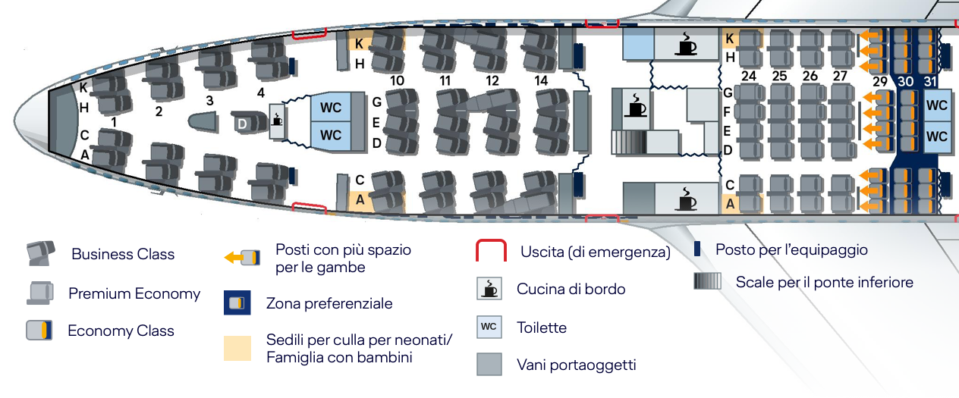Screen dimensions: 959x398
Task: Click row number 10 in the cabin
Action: [x=397, y=80]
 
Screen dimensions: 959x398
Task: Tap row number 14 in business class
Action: [x=541, y=80]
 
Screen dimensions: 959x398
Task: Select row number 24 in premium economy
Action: [x=749, y=76]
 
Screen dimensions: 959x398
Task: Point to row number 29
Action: [x=880, y=81]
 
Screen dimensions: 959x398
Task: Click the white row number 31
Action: [x=930, y=81]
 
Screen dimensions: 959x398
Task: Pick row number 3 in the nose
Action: [x=209, y=101]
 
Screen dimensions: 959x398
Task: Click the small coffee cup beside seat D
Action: [x=277, y=120]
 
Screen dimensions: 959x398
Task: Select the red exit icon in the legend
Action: [x=491, y=250]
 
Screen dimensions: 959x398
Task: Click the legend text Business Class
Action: [x=123, y=254]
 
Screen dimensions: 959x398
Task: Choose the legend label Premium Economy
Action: [x=134, y=293]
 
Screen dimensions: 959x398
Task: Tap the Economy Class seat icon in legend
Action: [x=39, y=331]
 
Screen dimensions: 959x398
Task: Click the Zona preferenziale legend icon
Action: [x=237, y=302]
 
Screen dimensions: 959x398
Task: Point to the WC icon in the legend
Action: [x=489, y=327]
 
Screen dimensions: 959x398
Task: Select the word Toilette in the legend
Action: [x=542, y=327]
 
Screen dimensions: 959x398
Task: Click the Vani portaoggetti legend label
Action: [x=577, y=365]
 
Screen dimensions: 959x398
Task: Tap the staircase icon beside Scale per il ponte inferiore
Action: [x=707, y=281]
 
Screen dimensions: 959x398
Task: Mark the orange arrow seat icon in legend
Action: [x=242, y=258]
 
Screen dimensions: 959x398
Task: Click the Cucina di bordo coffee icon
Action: [x=489, y=288]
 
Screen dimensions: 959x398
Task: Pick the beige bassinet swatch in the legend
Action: [x=237, y=348]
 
